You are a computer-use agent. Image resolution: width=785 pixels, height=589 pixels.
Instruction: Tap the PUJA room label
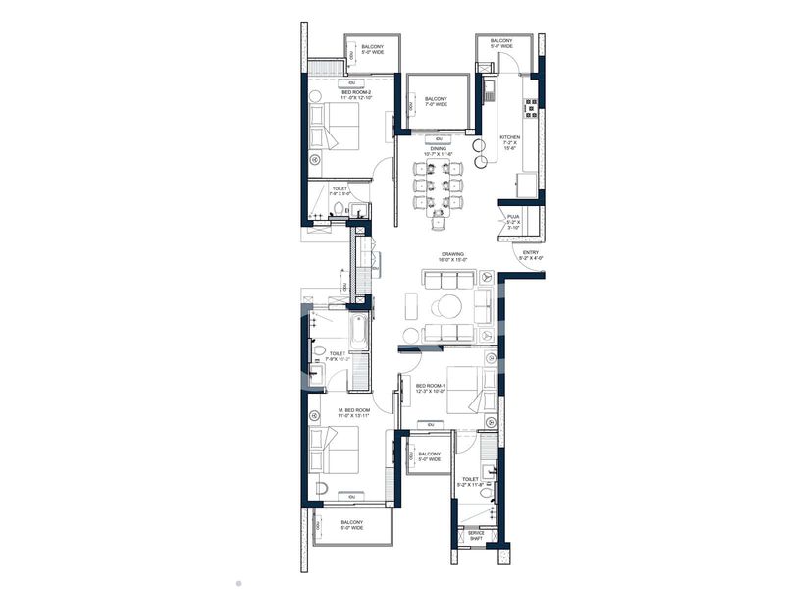coord(513,220)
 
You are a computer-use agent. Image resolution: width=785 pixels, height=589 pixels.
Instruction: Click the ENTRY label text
coord(531,255)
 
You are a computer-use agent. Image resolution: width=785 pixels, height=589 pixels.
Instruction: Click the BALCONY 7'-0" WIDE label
coord(436,102)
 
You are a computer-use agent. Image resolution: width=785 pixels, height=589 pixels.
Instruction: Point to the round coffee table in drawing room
coord(449,306)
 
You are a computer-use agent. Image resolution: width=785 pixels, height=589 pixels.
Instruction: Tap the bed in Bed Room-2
coord(332,127)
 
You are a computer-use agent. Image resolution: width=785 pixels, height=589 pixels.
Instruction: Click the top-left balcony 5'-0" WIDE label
coord(372,50)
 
